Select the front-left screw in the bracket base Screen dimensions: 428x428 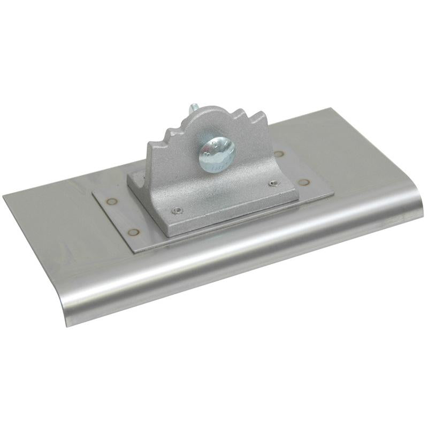point(179,210)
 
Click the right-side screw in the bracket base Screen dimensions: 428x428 point(274,184)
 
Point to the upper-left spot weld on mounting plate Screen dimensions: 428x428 point(111,202)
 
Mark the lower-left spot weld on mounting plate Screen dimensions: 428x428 point(134,232)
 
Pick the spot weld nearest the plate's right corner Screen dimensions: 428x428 point(303,182)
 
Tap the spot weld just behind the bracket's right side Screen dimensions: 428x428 point(279,154)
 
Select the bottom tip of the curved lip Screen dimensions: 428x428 point(66,325)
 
